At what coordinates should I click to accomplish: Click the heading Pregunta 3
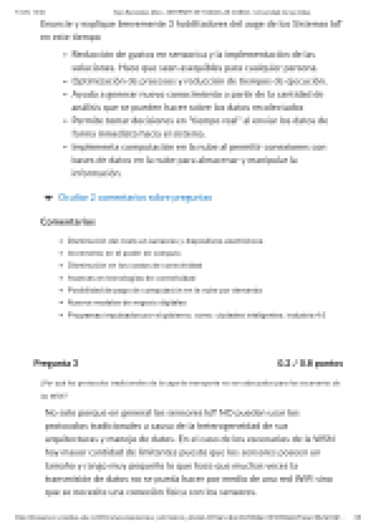[x=55, y=363]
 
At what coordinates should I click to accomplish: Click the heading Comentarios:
[x=68, y=222]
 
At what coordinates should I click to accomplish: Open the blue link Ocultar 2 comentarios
[x=134, y=198]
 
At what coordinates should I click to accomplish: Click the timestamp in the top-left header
[x=30, y=13]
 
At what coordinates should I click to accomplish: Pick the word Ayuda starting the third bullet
[x=81, y=94]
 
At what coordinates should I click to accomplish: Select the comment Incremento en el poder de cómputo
[x=124, y=253]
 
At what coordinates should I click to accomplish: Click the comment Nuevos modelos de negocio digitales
[x=127, y=302]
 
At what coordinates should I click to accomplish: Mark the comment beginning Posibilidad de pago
[x=165, y=290]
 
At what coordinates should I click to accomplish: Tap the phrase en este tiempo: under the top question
[x=71, y=37]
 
